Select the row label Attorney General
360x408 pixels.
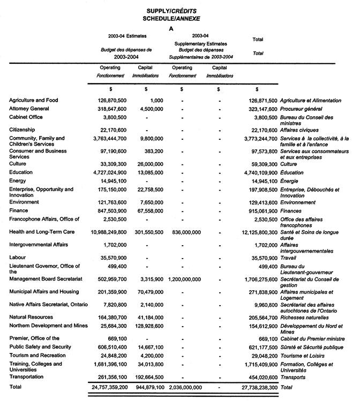click(x=29, y=109)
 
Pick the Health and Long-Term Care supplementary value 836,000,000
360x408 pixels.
click(x=183, y=232)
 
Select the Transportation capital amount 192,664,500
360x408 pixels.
click(x=146, y=377)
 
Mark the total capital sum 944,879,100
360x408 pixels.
click(x=146, y=387)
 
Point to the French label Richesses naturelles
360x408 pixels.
click(x=306, y=317)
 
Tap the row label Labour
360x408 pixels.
click(x=18, y=258)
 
